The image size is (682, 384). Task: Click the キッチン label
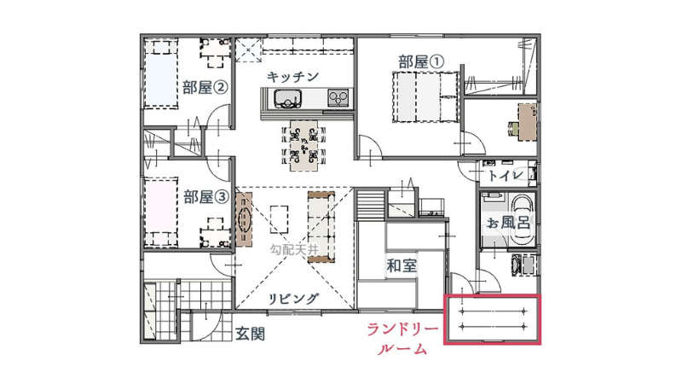[292, 77]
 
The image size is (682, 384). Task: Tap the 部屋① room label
[421, 61]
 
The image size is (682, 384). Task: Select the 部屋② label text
[205, 86]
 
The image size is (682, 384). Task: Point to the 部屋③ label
[205, 196]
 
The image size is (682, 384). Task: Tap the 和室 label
[402, 266]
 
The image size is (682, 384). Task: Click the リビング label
[293, 299]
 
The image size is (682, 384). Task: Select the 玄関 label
[250, 334]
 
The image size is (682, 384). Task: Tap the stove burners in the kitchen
[338, 99]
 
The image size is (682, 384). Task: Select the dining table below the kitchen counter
[303, 143]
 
